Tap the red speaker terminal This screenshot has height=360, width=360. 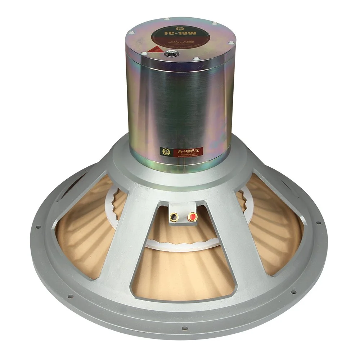[192, 217]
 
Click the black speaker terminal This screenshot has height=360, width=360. [174, 217]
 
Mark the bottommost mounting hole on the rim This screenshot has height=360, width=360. [184, 328]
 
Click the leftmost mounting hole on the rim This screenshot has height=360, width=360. [37, 227]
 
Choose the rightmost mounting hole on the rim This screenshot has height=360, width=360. [319, 223]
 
